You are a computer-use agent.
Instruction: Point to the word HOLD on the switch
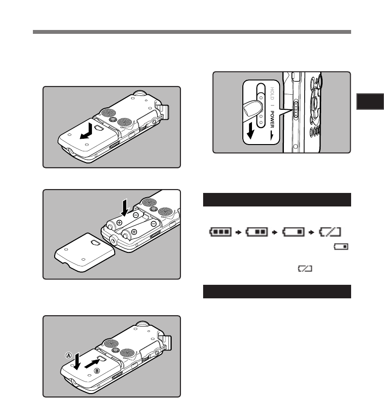[x=272, y=94]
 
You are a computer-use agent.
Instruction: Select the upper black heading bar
[x=276, y=199]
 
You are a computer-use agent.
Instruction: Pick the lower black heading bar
[x=276, y=292]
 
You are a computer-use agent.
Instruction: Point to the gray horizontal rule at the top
[x=192, y=32]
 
